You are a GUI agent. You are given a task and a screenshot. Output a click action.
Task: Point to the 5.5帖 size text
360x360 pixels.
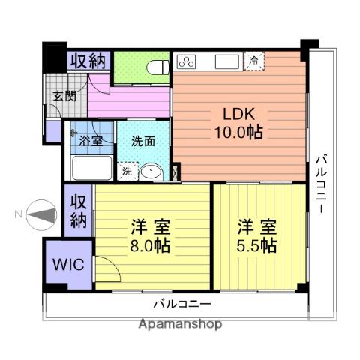point(258,245)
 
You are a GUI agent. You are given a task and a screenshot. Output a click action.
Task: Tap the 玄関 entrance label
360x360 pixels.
point(64,95)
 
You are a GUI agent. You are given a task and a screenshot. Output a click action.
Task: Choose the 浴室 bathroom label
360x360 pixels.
point(91,139)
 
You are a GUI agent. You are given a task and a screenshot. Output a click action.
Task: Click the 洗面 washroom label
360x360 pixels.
point(142,139)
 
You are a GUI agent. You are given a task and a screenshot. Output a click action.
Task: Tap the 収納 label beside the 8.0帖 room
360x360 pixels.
point(78,211)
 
